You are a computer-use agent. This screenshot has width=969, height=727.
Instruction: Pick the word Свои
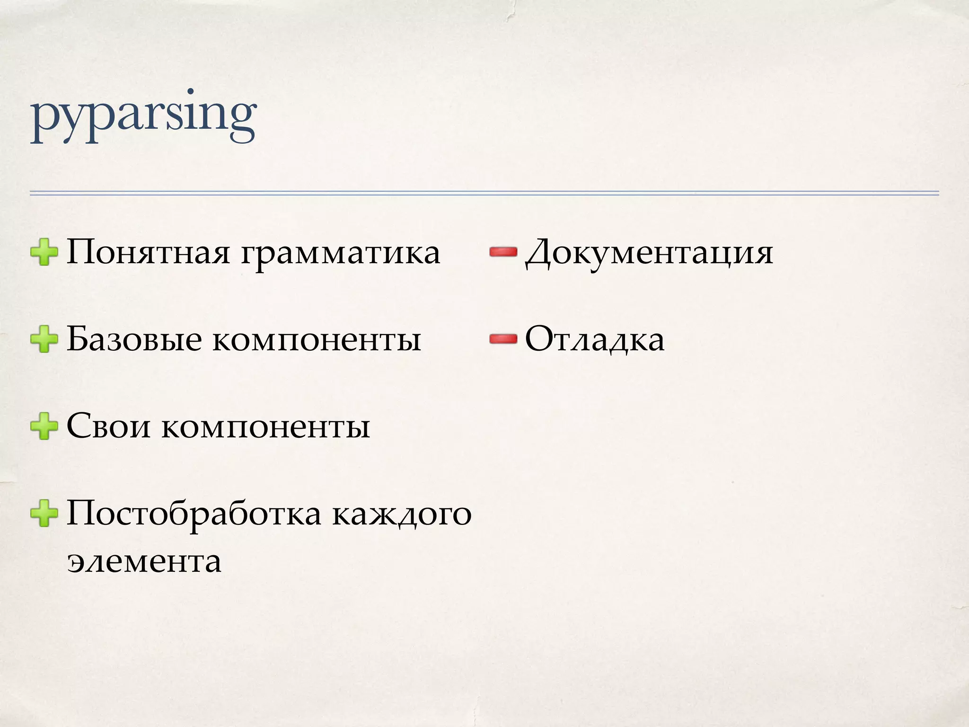point(108,426)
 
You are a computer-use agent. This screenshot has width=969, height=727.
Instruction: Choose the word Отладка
point(595,339)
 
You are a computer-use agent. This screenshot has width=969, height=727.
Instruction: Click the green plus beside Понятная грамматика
point(44,252)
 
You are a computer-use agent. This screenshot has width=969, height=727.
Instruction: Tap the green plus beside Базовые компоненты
point(44,339)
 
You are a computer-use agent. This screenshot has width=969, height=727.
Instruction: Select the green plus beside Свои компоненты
point(44,426)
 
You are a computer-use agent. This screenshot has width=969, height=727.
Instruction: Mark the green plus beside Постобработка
point(44,513)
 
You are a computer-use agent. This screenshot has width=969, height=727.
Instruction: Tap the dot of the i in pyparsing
point(191,92)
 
